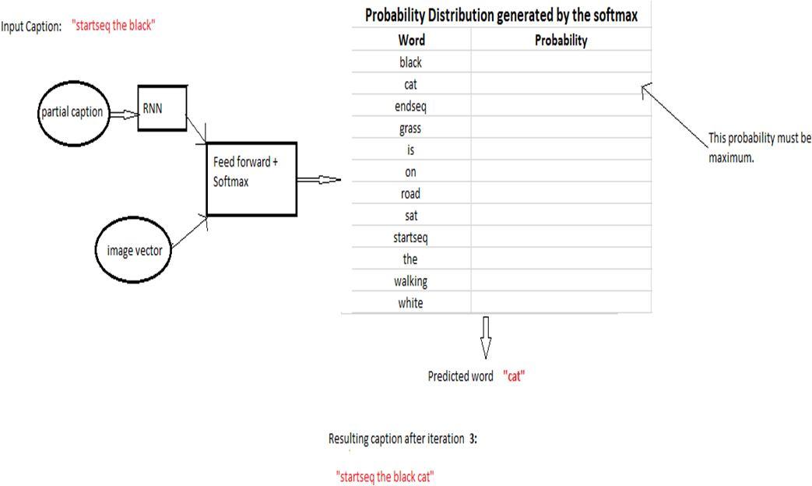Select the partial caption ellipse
point(71,112)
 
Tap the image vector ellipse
point(134,251)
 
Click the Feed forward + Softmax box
point(251,179)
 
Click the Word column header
point(411,40)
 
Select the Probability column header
point(561,40)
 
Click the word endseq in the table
point(410,106)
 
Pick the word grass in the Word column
point(410,128)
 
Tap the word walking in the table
point(410,281)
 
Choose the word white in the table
point(410,303)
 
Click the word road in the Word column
point(410,194)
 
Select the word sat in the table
point(410,216)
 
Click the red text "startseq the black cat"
point(385,476)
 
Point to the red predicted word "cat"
point(514,376)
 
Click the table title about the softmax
point(501,15)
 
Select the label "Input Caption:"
point(31,26)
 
